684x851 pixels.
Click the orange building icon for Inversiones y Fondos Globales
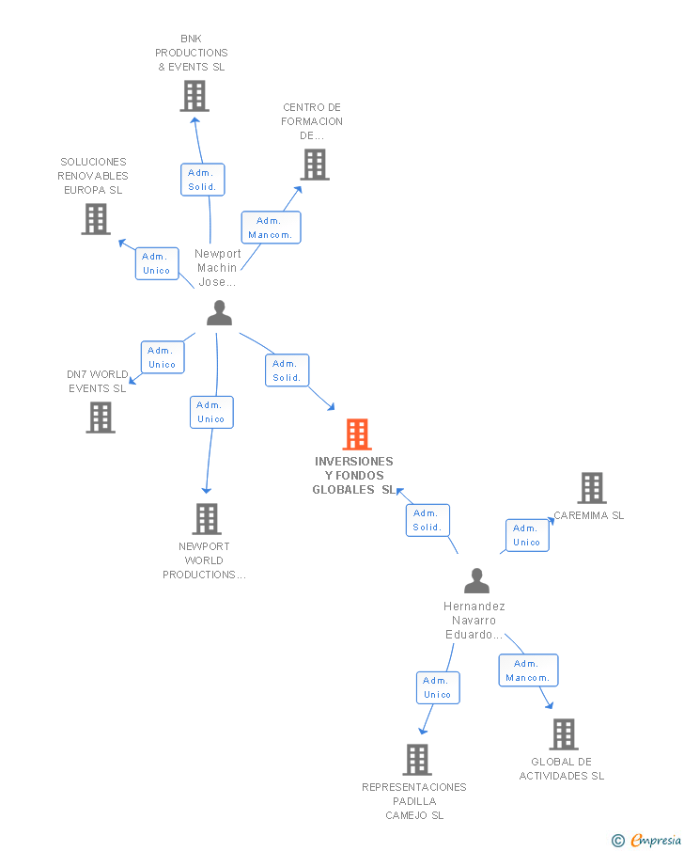click(357, 434)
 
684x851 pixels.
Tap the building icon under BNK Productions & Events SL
click(194, 96)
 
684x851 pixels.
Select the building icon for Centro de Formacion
click(315, 165)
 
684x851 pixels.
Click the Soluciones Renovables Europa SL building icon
click(96, 219)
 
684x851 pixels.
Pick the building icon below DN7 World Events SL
click(101, 418)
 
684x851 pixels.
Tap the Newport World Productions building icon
click(208, 519)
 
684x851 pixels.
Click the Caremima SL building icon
click(592, 488)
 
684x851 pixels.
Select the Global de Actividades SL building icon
click(564, 734)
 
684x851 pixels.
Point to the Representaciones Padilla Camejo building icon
click(418, 759)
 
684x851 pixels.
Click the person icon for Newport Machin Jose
click(220, 312)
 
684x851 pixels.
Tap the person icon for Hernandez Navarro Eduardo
click(476, 580)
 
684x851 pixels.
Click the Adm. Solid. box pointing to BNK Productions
click(203, 180)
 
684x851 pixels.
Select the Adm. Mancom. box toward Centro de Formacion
click(272, 228)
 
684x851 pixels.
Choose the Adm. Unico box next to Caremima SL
click(527, 535)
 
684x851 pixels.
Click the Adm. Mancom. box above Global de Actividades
click(528, 670)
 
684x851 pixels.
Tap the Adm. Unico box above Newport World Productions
click(211, 412)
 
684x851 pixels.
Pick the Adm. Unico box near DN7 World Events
click(163, 357)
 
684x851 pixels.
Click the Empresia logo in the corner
click(646, 840)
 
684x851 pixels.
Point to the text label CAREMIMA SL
click(589, 515)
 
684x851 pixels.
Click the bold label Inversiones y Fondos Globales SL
click(354, 476)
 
